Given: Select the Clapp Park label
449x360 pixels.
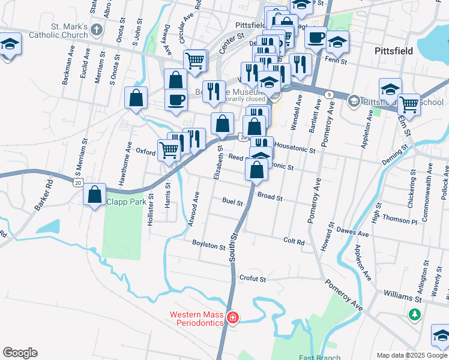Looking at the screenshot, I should click(126, 202).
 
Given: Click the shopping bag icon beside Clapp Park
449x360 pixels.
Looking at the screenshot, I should click(95, 195).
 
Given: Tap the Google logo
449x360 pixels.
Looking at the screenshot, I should click(20, 353).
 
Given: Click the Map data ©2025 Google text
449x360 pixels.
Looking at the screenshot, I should click(411, 355).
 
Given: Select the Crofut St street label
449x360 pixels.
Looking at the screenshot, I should click(252, 278).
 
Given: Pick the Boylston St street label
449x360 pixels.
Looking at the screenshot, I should click(208, 245).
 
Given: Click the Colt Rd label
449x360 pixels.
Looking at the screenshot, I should click(294, 241).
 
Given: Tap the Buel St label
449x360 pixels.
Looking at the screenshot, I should click(232, 201).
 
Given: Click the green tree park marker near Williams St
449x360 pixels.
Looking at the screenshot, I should click(414, 314).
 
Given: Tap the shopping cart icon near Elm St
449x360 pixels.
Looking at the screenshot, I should click(409, 103).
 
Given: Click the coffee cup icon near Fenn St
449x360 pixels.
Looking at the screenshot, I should click(316, 37).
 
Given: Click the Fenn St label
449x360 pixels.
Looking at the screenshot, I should click(336, 61).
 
